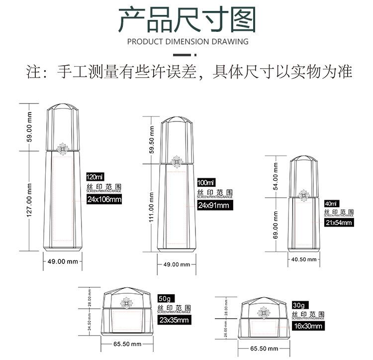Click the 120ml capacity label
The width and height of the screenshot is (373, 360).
(x=94, y=177)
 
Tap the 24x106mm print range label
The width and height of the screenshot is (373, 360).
(x=104, y=200)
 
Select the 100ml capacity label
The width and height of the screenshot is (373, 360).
(x=206, y=182)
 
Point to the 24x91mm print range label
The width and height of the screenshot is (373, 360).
(x=213, y=205)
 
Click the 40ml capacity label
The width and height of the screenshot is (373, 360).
(x=330, y=204)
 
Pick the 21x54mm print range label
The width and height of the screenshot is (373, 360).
(x=338, y=223)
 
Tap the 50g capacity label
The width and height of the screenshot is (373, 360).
(x=164, y=298)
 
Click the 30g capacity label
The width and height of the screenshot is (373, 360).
(x=298, y=305)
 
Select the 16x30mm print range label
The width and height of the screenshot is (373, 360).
(x=307, y=326)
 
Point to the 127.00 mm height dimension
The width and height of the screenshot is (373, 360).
(x=29, y=199)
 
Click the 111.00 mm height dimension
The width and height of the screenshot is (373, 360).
(x=152, y=210)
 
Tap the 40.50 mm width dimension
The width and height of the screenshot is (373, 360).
(x=303, y=259)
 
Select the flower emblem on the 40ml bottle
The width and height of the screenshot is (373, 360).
(x=303, y=195)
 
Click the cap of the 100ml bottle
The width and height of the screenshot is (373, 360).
(x=176, y=137)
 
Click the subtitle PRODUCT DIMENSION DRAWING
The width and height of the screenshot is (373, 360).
(x=187, y=41)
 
